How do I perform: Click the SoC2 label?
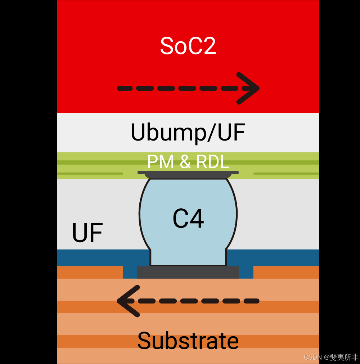tap(188, 46)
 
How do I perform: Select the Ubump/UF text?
tap(188, 133)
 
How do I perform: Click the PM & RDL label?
tap(188, 162)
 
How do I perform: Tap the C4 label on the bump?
tap(188, 219)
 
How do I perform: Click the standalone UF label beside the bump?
tap(87, 233)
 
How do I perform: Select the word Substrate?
tap(188, 341)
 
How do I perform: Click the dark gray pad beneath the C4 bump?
tap(188, 272)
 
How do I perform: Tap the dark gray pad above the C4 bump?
tap(188, 174)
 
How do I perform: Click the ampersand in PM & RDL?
tap(185, 162)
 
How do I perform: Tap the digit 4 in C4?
tap(197, 219)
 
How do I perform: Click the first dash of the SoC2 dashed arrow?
tap(125, 88)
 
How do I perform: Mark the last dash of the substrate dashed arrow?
tap(252, 301)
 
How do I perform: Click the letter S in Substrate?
tap(145, 341)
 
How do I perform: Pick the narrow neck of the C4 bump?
tap(188, 258)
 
